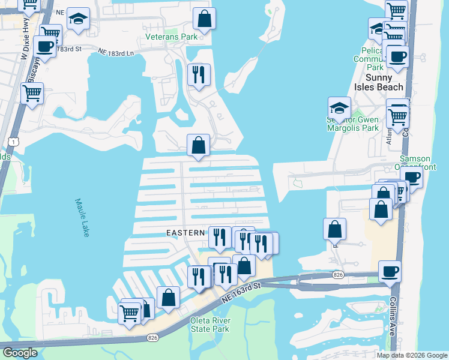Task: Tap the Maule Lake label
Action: pos(82,218)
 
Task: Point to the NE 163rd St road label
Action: pos(240,289)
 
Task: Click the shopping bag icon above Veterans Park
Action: pos(204,19)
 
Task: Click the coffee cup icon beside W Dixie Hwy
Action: pos(45,46)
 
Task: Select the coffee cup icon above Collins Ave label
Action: pos(390,271)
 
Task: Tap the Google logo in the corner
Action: pos(19,353)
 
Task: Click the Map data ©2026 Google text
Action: pos(412,355)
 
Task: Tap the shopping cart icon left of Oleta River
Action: pos(130,312)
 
